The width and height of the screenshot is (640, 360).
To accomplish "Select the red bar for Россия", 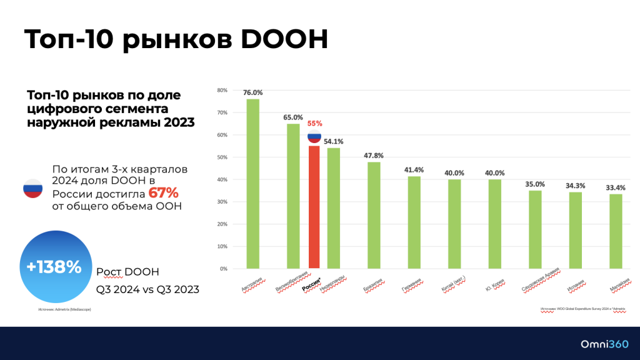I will click(314, 207).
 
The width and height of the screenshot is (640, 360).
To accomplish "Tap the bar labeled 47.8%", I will click(374, 216).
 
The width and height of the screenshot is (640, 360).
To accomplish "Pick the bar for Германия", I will click(414, 222).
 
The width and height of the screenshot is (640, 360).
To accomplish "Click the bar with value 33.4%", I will click(616, 231).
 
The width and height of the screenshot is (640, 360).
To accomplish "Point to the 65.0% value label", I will click(292, 117).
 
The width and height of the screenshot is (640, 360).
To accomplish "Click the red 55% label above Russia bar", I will click(314, 124).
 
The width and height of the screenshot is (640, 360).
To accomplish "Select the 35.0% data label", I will click(535, 184).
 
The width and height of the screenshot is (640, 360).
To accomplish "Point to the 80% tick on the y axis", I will click(222, 90).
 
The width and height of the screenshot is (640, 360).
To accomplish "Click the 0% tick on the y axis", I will click(223, 269).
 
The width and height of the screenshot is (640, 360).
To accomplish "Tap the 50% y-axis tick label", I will click(222, 157).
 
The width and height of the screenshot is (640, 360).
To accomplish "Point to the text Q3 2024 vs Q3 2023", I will click(147, 289).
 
